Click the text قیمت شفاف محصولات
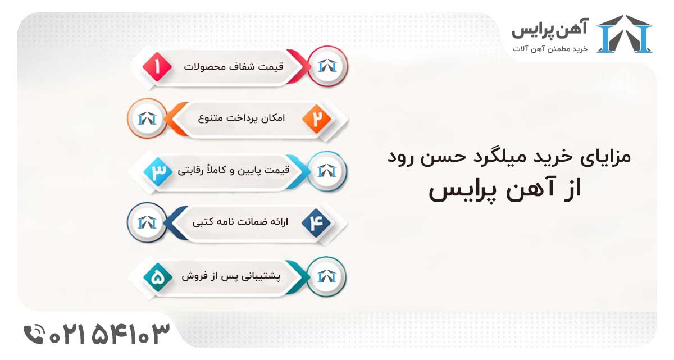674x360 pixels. click(x=234, y=66)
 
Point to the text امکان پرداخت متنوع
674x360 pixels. click(x=242, y=119)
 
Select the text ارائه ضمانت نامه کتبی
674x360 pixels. click(x=240, y=222)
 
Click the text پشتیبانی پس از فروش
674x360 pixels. click(x=234, y=276)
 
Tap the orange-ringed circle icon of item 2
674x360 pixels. click(x=147, y=119)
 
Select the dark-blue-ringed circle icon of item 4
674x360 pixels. click(x=147, y=222)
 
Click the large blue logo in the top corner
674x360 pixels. click(x=624, y=34)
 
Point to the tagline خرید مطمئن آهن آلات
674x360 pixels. click(x=550, y=49)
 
